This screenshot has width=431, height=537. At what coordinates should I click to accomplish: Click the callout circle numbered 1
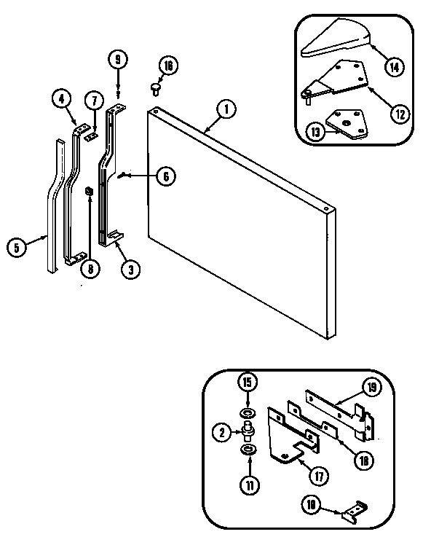226,110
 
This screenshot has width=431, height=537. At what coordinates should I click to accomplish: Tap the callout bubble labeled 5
16,247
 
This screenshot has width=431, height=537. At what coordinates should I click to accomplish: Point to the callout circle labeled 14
394,68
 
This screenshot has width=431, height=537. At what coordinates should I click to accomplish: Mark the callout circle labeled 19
371,388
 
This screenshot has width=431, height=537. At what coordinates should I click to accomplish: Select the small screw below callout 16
154,88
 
